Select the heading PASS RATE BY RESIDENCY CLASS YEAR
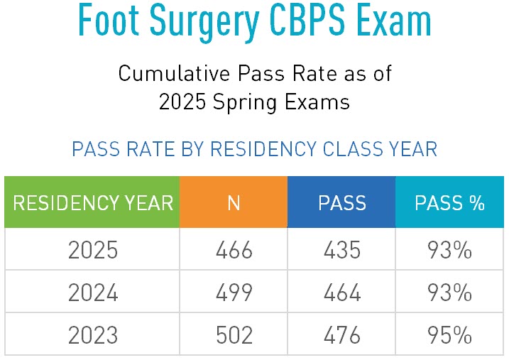(254, 150)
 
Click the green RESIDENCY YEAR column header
(92, 203)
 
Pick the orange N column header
(234, 203)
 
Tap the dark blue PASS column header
(341, 203)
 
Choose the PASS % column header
(449, 203)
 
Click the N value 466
(234, 250)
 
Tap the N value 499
(234, 292)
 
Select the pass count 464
(341, 292)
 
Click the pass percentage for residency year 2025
(449, 250)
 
